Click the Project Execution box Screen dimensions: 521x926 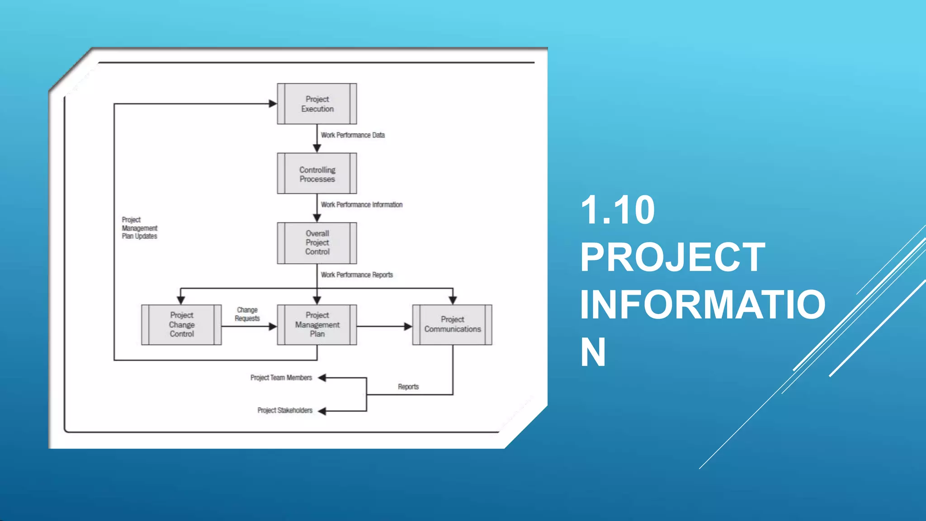click(317, 104)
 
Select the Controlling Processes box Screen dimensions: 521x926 click(317, 174)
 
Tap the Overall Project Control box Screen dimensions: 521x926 click(317, 243)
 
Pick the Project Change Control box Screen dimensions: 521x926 click(181, 325)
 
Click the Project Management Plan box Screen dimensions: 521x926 click(317, 325)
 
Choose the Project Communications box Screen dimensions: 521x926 click(452, 325)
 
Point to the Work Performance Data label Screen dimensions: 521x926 click(353, 135)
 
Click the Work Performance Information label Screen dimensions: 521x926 click(362, 205)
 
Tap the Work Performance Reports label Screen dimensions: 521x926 click(357, 275)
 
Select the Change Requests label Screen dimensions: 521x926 click(247, 314)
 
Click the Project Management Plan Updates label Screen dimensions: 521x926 click(139, 228)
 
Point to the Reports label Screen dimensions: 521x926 click(408, 387)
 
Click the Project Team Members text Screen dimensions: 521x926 click(281, 378)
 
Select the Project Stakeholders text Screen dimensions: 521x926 click(285, 411)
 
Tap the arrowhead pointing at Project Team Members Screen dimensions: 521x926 click(322, 378)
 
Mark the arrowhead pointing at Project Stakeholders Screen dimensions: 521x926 click(322, 411)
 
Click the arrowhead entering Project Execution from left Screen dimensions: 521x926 click(273, 104)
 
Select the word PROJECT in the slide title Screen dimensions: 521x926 click(672, 257)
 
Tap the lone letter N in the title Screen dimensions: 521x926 click(593, 352)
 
